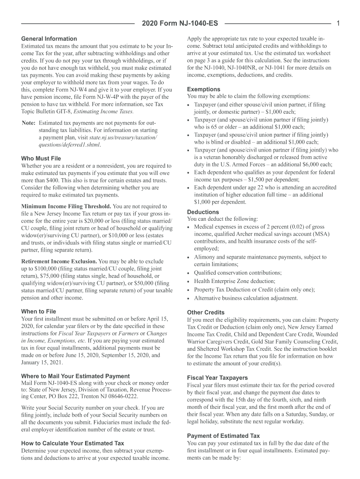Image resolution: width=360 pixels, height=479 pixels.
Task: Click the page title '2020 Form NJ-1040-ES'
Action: point(180,23)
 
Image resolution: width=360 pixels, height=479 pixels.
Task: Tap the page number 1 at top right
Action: point(337,23)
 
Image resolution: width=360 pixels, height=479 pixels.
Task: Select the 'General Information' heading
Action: point(49,39)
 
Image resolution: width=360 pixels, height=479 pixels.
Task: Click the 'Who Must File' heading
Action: point(41,159)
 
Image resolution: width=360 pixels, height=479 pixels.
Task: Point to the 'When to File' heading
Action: point(39,311)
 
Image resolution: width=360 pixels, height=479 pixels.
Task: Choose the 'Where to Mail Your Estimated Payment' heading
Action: point(75,376)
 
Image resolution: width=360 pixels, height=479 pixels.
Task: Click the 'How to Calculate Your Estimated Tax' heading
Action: point(73,443)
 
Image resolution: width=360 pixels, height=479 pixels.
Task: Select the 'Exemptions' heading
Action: point(204,89)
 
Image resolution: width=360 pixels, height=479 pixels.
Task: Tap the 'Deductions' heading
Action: point(203,211)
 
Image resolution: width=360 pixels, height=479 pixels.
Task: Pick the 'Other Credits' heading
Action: point(206,312)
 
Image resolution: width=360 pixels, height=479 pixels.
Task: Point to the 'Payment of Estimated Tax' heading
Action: point(223,436)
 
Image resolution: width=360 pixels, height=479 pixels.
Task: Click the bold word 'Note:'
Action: point(29,123)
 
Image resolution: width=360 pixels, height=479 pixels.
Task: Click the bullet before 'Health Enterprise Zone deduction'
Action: point(188,282)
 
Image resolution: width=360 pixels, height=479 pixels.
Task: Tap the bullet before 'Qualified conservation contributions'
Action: point(188,274)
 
